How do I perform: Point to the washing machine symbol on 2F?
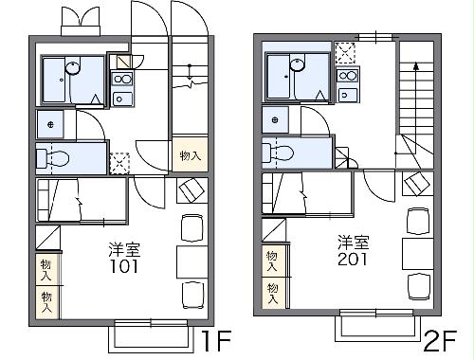276,120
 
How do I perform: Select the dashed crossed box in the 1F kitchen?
119,162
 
